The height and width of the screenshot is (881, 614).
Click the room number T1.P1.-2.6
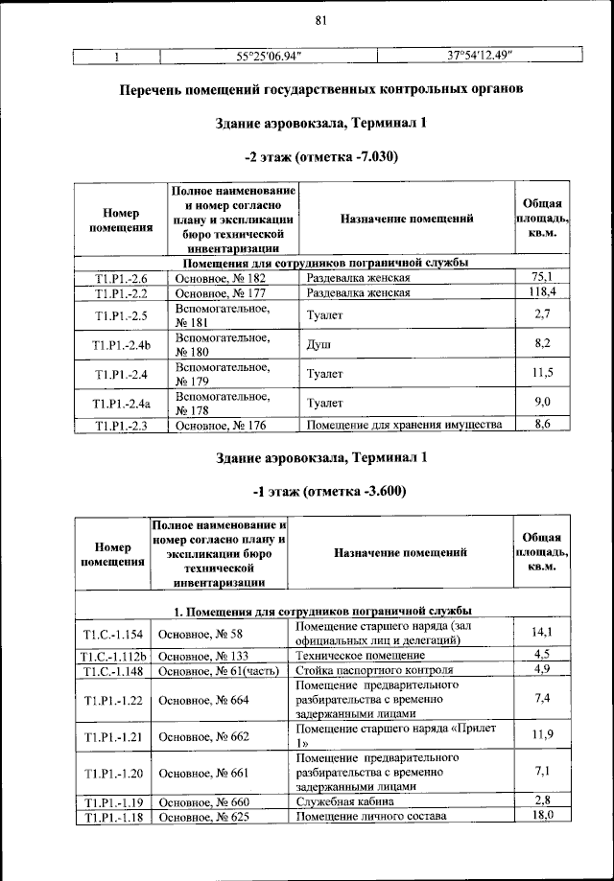coord(121,278)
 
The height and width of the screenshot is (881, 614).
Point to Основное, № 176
coord(220,425)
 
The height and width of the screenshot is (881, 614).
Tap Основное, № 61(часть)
coord(213,670)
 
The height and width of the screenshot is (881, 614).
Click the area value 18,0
coord(542,816)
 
